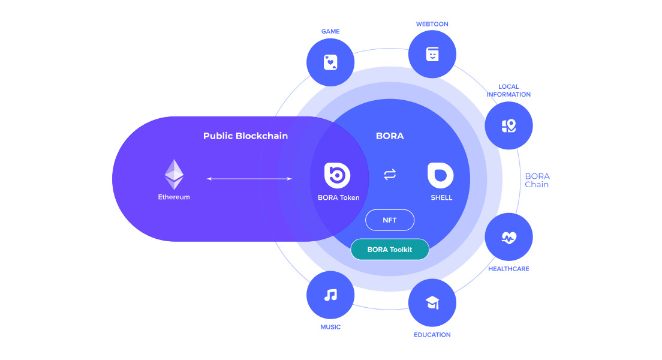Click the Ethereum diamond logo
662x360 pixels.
[174, 174]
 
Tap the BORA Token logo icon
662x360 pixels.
[337, 175]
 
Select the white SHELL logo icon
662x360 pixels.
[440, 175]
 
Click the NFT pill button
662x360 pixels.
[390, 220]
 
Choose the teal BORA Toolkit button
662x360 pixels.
[390, 249]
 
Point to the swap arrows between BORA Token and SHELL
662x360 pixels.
[390, 175]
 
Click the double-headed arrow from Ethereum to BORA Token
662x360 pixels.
[249, 178]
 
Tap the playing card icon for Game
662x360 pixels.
[330, 62]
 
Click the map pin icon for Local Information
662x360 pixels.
[508, 125]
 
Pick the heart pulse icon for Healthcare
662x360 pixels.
[508, 237]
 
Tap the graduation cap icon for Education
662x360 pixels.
[432, 303]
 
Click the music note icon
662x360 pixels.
[330, 295]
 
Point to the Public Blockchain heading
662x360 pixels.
[245, 136]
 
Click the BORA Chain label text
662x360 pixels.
[537, 180]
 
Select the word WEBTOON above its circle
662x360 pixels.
[432, 24]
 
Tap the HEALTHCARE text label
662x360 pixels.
[508, 269]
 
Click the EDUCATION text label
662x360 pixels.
[432, 335]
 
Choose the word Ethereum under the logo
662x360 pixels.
[174, 197]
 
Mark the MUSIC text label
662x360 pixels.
[330, 327]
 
